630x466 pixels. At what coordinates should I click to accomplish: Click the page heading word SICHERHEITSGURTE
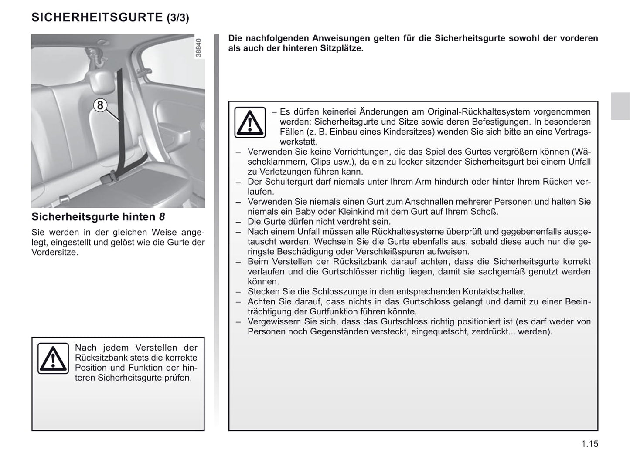[x=97, y=17]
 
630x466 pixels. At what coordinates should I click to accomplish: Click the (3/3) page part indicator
[x=178, y=18]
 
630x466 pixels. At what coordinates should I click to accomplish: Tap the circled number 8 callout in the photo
[x=100, y=105]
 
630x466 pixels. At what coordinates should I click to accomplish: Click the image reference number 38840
[x=199, y=48]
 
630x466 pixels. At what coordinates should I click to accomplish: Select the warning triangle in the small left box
[x=53, y=358]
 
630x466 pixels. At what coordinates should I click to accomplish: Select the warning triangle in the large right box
[x=250, y=122]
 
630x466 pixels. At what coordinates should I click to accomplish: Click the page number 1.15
[x=589, y=444]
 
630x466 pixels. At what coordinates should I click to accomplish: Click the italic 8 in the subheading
[x=162, y=217]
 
